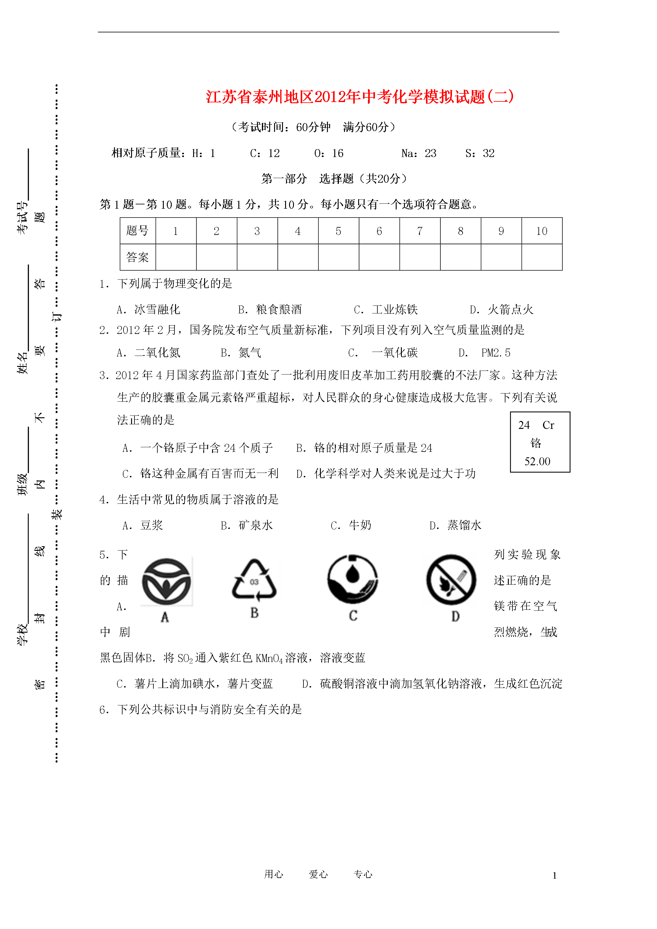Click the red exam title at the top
pos(359,97)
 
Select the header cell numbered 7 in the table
pos(420,231)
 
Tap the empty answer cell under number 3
pos(257,257)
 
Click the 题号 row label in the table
pos(138,231)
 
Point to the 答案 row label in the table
pos(138,257)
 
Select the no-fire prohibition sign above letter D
pos(451,580)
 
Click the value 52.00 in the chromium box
pos(537,461)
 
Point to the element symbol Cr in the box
pos(548,425)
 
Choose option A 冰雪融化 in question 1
pos(149,309)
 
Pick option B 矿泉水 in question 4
pos(247,525)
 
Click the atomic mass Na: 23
pos(419,153)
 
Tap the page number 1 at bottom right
pos(554,876)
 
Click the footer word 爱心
pos(318,874)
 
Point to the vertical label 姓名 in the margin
pos(22,363)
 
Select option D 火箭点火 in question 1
pos(501,309)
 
